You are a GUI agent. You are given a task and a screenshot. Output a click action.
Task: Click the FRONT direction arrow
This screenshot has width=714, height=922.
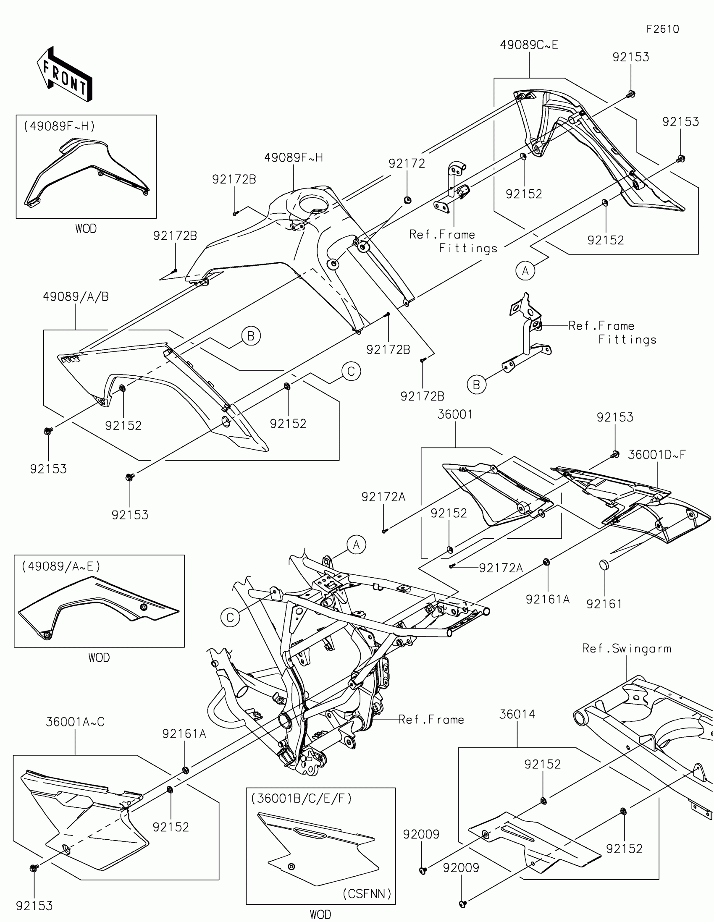pyautogui.click(x=65, y=74)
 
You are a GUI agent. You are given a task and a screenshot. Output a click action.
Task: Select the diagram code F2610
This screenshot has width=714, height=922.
pyautogui.click(x=662, y=29)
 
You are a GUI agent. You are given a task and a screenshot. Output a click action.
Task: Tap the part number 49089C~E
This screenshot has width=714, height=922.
pyautogui.click(x=529, y=45)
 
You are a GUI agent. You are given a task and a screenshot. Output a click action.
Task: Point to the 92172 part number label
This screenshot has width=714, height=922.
pyautogui.click(x=407, y=163)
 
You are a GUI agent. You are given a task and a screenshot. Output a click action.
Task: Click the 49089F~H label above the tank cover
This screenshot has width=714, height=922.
pyautogui.click(x=294, y=157)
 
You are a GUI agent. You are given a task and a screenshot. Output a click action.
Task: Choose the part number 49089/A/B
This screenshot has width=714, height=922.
pyautogui.click(x=76, y=297)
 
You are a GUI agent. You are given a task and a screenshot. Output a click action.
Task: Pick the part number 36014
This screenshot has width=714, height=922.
pyautogui.click(x=517, y=714)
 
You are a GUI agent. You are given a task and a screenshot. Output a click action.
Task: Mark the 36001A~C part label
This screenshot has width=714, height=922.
pyautogui.click(x=75, y=722)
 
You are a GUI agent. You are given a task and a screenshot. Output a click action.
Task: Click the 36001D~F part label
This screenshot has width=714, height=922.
pyautogui.click(x=656, y=455)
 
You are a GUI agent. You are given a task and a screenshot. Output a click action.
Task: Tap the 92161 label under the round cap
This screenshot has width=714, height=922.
pyautogui.click(x=604, y=604)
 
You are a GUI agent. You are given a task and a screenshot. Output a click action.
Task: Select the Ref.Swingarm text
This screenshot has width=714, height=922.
pyautogui.click(x=626, y=648)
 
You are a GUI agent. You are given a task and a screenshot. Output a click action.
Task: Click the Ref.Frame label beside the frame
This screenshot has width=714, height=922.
pyautogui.click(x=430, y=719)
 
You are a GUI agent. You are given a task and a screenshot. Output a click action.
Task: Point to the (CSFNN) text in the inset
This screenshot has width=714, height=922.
pyautogui.click(x=367, y=894)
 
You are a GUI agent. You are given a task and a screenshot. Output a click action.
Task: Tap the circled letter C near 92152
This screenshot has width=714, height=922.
pyautogui.click(x=351, y=372)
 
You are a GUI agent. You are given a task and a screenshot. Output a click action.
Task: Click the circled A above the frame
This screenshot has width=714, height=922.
pyautogui.click(x=356, y=545)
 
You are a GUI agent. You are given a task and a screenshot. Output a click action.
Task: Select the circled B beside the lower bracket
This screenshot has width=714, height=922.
pyautogui.click(x=476, y=385)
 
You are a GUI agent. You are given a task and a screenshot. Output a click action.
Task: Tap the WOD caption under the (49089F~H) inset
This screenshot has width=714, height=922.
pyautogui.click(x=86, y=229)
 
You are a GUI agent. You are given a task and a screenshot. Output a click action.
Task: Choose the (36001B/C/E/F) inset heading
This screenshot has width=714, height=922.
pyautogui.click(x=301, y=798)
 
